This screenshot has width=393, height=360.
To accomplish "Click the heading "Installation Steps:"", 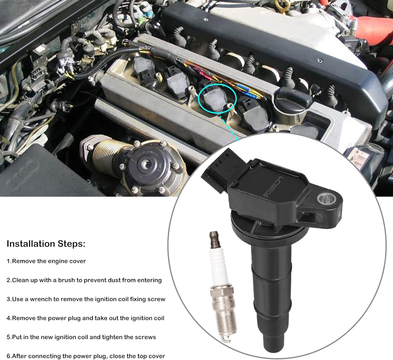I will pos(46,244).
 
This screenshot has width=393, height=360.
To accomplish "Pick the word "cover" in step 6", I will pos(156,356).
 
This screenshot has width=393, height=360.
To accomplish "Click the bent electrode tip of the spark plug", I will pos(227,339).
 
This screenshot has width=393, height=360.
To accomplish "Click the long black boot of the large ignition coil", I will pos(272,294).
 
